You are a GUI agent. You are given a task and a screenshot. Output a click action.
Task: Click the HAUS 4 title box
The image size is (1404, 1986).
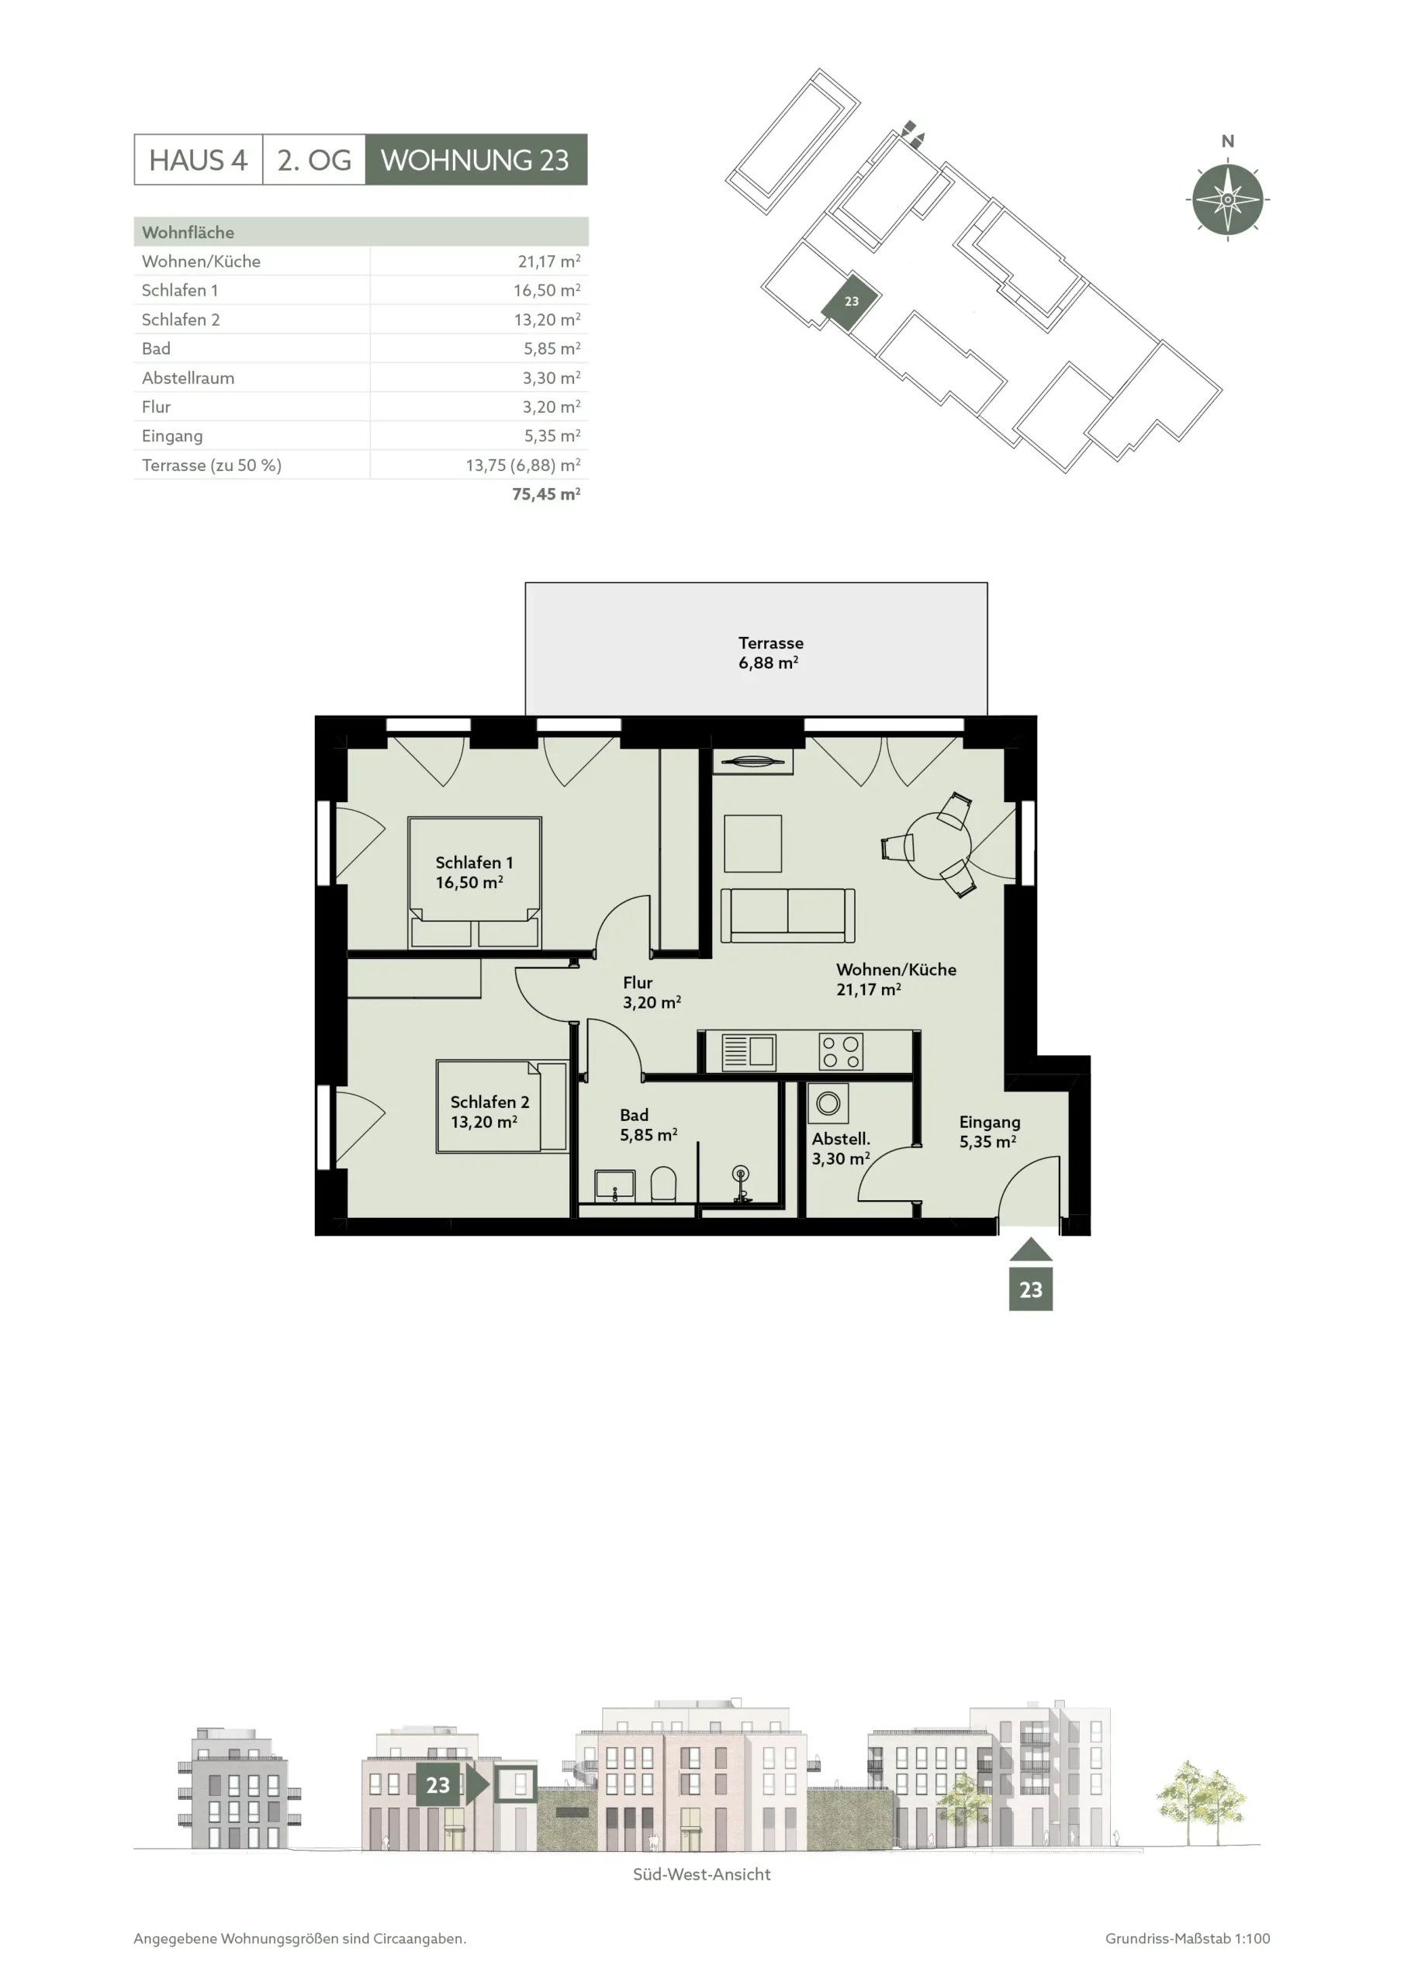(198, 159)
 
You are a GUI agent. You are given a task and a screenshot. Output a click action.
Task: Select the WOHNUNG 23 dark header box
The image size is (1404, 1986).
(475, 159)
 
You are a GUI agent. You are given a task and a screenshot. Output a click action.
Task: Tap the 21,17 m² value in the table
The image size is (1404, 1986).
(548, 261)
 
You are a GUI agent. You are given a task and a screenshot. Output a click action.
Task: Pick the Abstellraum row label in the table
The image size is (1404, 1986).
(188, 378)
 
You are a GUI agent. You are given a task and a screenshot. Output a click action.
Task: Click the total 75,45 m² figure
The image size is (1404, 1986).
(546, 494)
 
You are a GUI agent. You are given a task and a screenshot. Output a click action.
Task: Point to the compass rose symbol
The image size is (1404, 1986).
(1226, 199)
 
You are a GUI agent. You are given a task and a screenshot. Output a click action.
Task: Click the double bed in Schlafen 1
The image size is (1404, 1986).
(475, 882)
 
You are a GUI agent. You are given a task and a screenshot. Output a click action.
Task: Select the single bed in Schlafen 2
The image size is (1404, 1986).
(502, 1106)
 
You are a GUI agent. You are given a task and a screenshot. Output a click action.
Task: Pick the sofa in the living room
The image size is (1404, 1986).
(788, 915)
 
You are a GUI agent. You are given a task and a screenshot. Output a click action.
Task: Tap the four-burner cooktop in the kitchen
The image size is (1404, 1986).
(841, 1052)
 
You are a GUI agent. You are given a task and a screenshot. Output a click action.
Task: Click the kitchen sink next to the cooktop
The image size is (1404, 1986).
(749, 1052)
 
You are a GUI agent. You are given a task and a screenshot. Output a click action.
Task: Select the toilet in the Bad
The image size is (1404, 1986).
(663, 1184)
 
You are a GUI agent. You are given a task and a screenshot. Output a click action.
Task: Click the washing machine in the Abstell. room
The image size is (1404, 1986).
(828, 1103)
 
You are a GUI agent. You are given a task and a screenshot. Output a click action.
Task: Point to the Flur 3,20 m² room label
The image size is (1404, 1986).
(652, 992)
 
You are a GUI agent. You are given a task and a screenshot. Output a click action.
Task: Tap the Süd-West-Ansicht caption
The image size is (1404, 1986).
(701, 1874)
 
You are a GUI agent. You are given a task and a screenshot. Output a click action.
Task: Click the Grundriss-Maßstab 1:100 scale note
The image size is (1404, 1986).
(1187, 1939)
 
